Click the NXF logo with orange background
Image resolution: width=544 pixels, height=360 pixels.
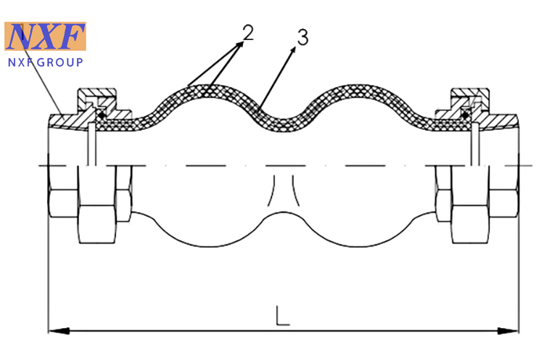45,36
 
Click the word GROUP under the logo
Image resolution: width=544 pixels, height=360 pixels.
60,62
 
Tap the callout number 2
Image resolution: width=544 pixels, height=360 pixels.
248,33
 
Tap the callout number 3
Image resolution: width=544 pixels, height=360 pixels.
302,37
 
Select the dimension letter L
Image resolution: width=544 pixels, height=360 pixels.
282,316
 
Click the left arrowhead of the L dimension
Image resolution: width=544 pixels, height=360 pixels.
58,330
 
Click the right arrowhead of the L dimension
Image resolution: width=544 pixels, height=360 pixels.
508,330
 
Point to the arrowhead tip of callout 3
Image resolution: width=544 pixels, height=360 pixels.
295,47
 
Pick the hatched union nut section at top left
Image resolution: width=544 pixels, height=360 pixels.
97,99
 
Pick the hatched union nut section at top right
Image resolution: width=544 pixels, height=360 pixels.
470,99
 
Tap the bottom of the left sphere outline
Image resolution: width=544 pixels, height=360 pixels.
208,247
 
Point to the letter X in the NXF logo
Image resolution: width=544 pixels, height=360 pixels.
46,36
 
